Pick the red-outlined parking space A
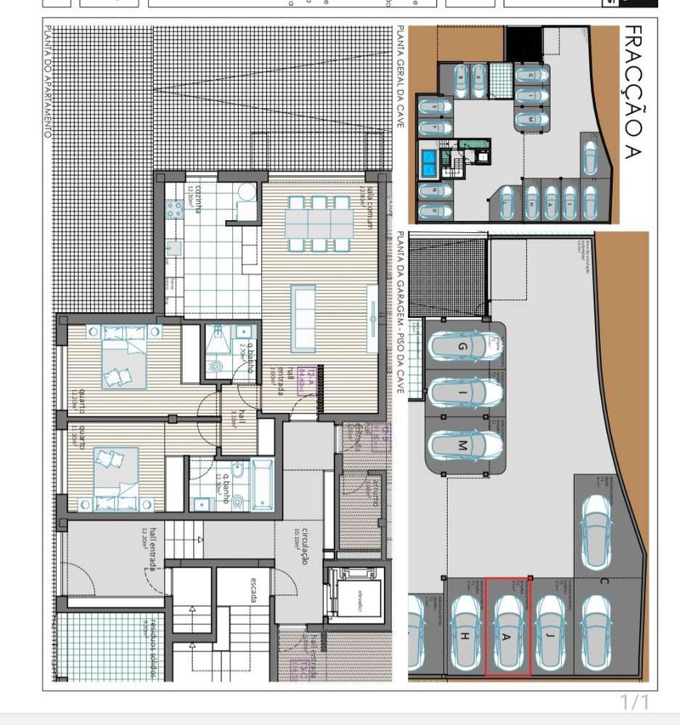click(x=508, y=627)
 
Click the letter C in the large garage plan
click(x=603, y=580)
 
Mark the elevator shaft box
click(x=352, y=591)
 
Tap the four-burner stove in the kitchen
click(x=175, y=210)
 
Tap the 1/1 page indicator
click(x=634, y=703)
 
